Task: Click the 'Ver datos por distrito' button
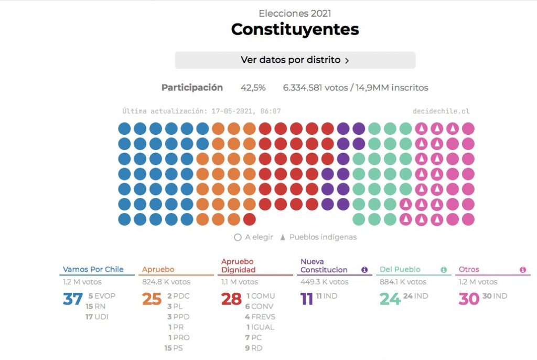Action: pyautogui.click(x=295, y=60)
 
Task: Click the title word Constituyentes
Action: pyautogui.click(x=295, y=29)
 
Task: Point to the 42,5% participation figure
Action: pyautogui.click(x=253, y=88)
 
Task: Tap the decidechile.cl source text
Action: pyautogui.click(x=441, y=111)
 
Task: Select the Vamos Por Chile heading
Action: pyautogui.click(x=93, y=269)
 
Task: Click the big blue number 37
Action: pyautogui.click(x=73, y=299)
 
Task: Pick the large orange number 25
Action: pyautogui.click(x=152, y=299)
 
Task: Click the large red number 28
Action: pyautogui.click(x=231, y=299)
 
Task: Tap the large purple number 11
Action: pyautogui.click(x=306, y=299)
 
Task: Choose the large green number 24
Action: pyautogui.click(x=390, y=299)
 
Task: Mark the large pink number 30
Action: pyautogui.click(x=469, y=299)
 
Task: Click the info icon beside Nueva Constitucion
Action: pyautogui.click(x=364, y=270)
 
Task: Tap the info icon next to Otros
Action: pyautogui.click(x=523, y=270)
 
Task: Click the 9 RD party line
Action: pyautogui.click(x=254, y=348)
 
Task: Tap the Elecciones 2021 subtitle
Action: pyautogui.click(x=295, y=14)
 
